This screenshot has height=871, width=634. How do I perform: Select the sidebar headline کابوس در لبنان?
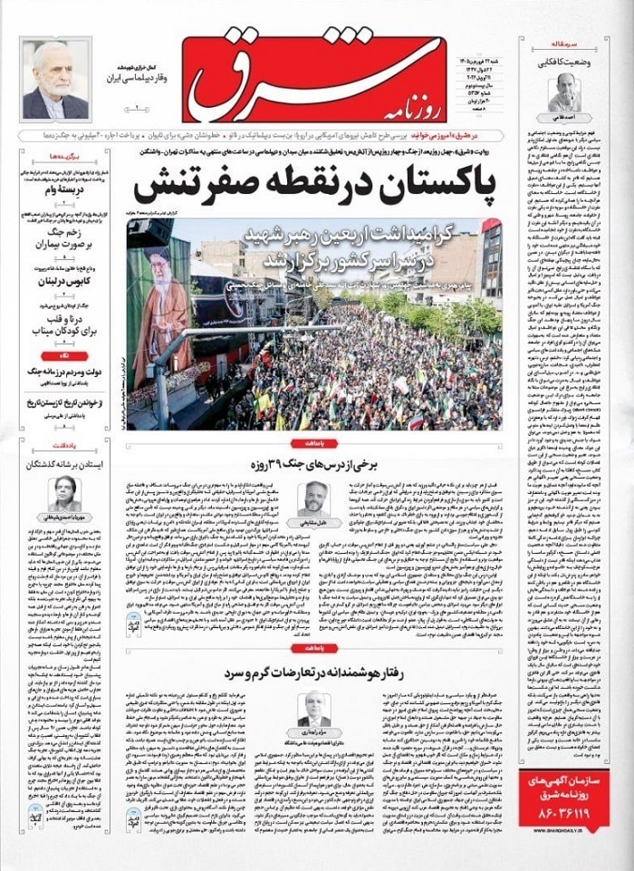[64, 279]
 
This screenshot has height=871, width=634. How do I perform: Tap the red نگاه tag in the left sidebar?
[62, 355]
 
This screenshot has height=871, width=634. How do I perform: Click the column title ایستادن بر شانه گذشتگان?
[63, 462]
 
